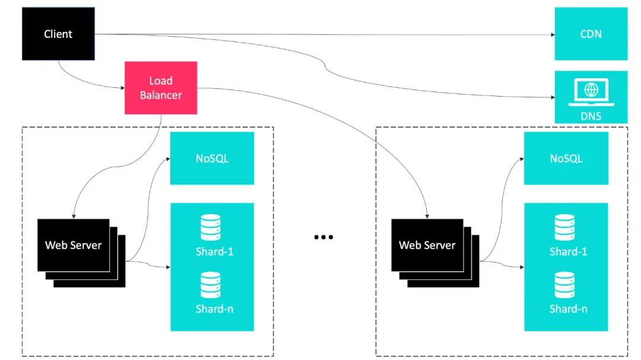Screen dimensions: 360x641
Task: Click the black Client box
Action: coord(58,34)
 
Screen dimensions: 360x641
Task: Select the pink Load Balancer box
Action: coord(161,88)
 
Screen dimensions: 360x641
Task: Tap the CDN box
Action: coord(591,34)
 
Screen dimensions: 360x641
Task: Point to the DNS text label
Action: coord(591,116)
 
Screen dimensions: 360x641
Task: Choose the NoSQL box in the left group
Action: coord(212,158)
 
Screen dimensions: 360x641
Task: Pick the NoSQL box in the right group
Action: coord(566,158)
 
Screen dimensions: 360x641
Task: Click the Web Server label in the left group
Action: coord(73,245)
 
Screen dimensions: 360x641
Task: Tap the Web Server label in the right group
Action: coord(427,245)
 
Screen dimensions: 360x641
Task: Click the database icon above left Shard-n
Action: coord(210,285)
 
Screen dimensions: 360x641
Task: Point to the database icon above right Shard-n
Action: coord(564,285)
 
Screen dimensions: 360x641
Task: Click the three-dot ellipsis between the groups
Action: coord(323,237)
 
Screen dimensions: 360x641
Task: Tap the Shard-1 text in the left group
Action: coord(214,251)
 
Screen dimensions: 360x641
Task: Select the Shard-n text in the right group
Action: coord(568,309)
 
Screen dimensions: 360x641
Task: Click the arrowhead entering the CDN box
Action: coord(551,34)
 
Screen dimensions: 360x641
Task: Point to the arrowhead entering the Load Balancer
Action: coord(122,89)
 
